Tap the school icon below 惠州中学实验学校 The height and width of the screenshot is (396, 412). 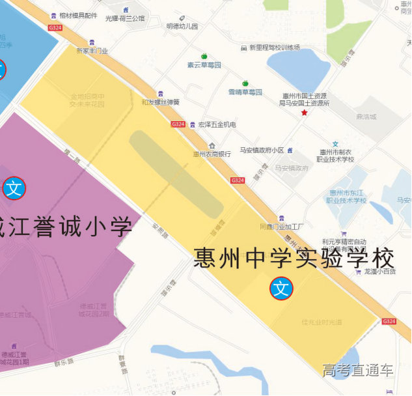281,288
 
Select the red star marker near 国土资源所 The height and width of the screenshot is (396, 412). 304,113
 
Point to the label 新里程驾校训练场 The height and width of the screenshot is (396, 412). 274,48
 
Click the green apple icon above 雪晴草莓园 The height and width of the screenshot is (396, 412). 245,83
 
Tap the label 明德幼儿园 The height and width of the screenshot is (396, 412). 182,26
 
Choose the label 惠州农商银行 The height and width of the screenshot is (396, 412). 212,154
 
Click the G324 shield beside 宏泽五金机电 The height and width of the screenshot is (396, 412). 178,124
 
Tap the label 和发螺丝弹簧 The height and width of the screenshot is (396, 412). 160,102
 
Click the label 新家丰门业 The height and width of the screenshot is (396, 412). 92,50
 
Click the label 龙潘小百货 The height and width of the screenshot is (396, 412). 379,272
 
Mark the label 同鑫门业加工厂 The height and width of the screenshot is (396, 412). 282,227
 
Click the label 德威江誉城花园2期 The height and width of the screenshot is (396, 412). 94,310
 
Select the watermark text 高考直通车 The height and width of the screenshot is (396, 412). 358,370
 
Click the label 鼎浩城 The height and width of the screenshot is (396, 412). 366,117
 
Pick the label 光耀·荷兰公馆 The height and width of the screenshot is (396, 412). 124,18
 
